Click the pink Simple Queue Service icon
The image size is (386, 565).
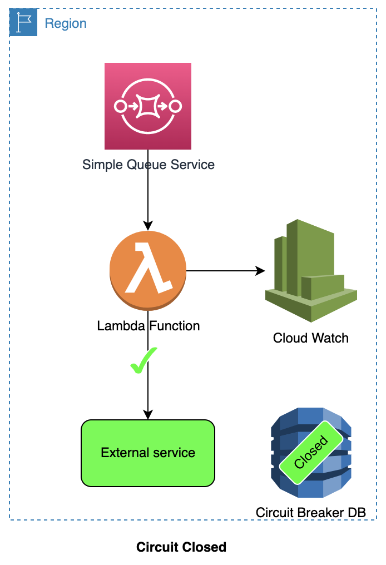pos(148,106)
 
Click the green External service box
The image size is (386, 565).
pos(148,453)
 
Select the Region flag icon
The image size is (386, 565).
pos(23,23)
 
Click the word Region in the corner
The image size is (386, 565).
pos(66,23)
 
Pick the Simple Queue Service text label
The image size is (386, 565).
pos(148,165)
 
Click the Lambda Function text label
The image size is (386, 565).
pos(148,326)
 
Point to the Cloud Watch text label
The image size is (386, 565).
pos(310,338)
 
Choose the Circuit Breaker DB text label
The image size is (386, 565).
pos(310,512)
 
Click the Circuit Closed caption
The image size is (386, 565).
pos(181,547)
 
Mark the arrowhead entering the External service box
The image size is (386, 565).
pos(148,415)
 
